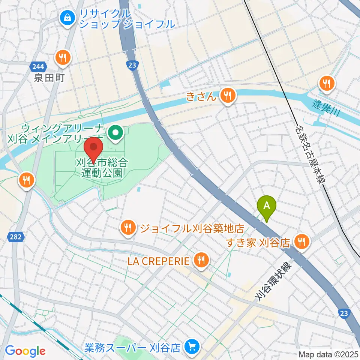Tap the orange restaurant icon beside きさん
227,95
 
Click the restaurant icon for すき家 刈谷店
302,241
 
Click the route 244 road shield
37,67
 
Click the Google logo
25,351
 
